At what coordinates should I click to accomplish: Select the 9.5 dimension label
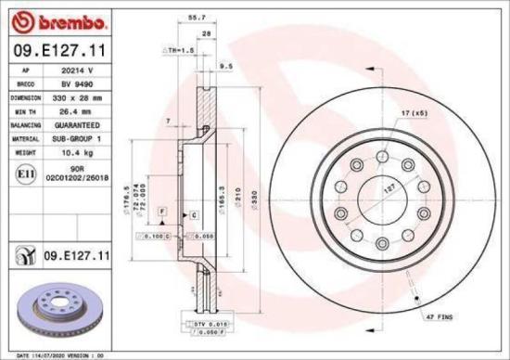[224, 67]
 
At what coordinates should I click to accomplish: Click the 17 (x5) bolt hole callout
[413, 113]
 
